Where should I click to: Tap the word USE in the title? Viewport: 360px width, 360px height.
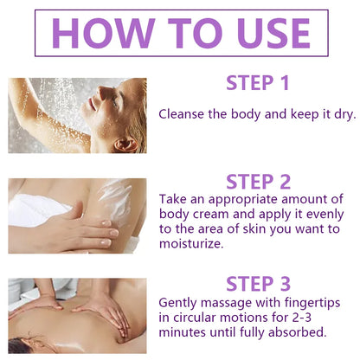click(x=274, y=33)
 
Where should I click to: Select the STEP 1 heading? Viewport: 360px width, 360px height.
click(x=258, y=83)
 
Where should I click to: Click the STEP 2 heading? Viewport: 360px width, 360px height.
click(x=258, y=182)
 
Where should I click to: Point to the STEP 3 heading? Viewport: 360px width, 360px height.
click(x=258, y=284)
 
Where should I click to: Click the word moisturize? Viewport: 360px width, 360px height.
click(x=191, y=244)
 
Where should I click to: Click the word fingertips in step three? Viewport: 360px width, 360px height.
click(x=312, y=304)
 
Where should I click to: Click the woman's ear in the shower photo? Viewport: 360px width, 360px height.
click(x=125, y=144)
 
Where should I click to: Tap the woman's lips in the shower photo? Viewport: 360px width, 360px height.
click(x=92, y=104)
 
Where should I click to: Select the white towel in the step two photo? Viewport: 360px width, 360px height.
click(x=37, y=209)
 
